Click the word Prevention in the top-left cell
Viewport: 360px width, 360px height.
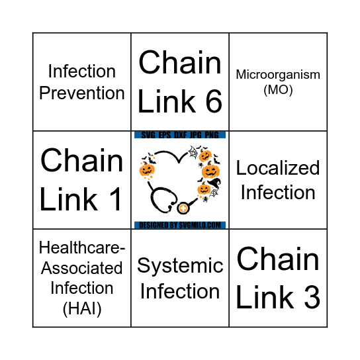[x=82, y=93]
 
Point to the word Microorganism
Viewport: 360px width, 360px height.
[x=278, y=74]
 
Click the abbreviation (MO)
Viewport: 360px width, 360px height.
[x=278, y=89]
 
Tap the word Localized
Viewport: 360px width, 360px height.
[x=278, y=168]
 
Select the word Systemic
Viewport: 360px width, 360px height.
[x=180, y=266]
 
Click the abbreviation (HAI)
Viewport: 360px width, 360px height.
[x=82, y=308]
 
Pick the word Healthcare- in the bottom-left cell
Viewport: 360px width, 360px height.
[x=82, y=248]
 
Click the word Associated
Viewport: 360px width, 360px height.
[x=82, y=268]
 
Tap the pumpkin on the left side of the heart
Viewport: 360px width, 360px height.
[x=147, y=171]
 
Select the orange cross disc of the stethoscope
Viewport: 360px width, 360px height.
[x=183, y=209]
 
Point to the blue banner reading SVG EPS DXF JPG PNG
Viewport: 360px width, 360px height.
[x=180, y=135]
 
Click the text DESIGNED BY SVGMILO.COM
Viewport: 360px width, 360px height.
[x=180, y=225]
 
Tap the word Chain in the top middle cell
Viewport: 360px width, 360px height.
[x=180, y=64]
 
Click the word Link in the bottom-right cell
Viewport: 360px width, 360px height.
[x=259, y=297]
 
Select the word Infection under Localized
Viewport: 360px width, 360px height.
[x=278, y=193]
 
